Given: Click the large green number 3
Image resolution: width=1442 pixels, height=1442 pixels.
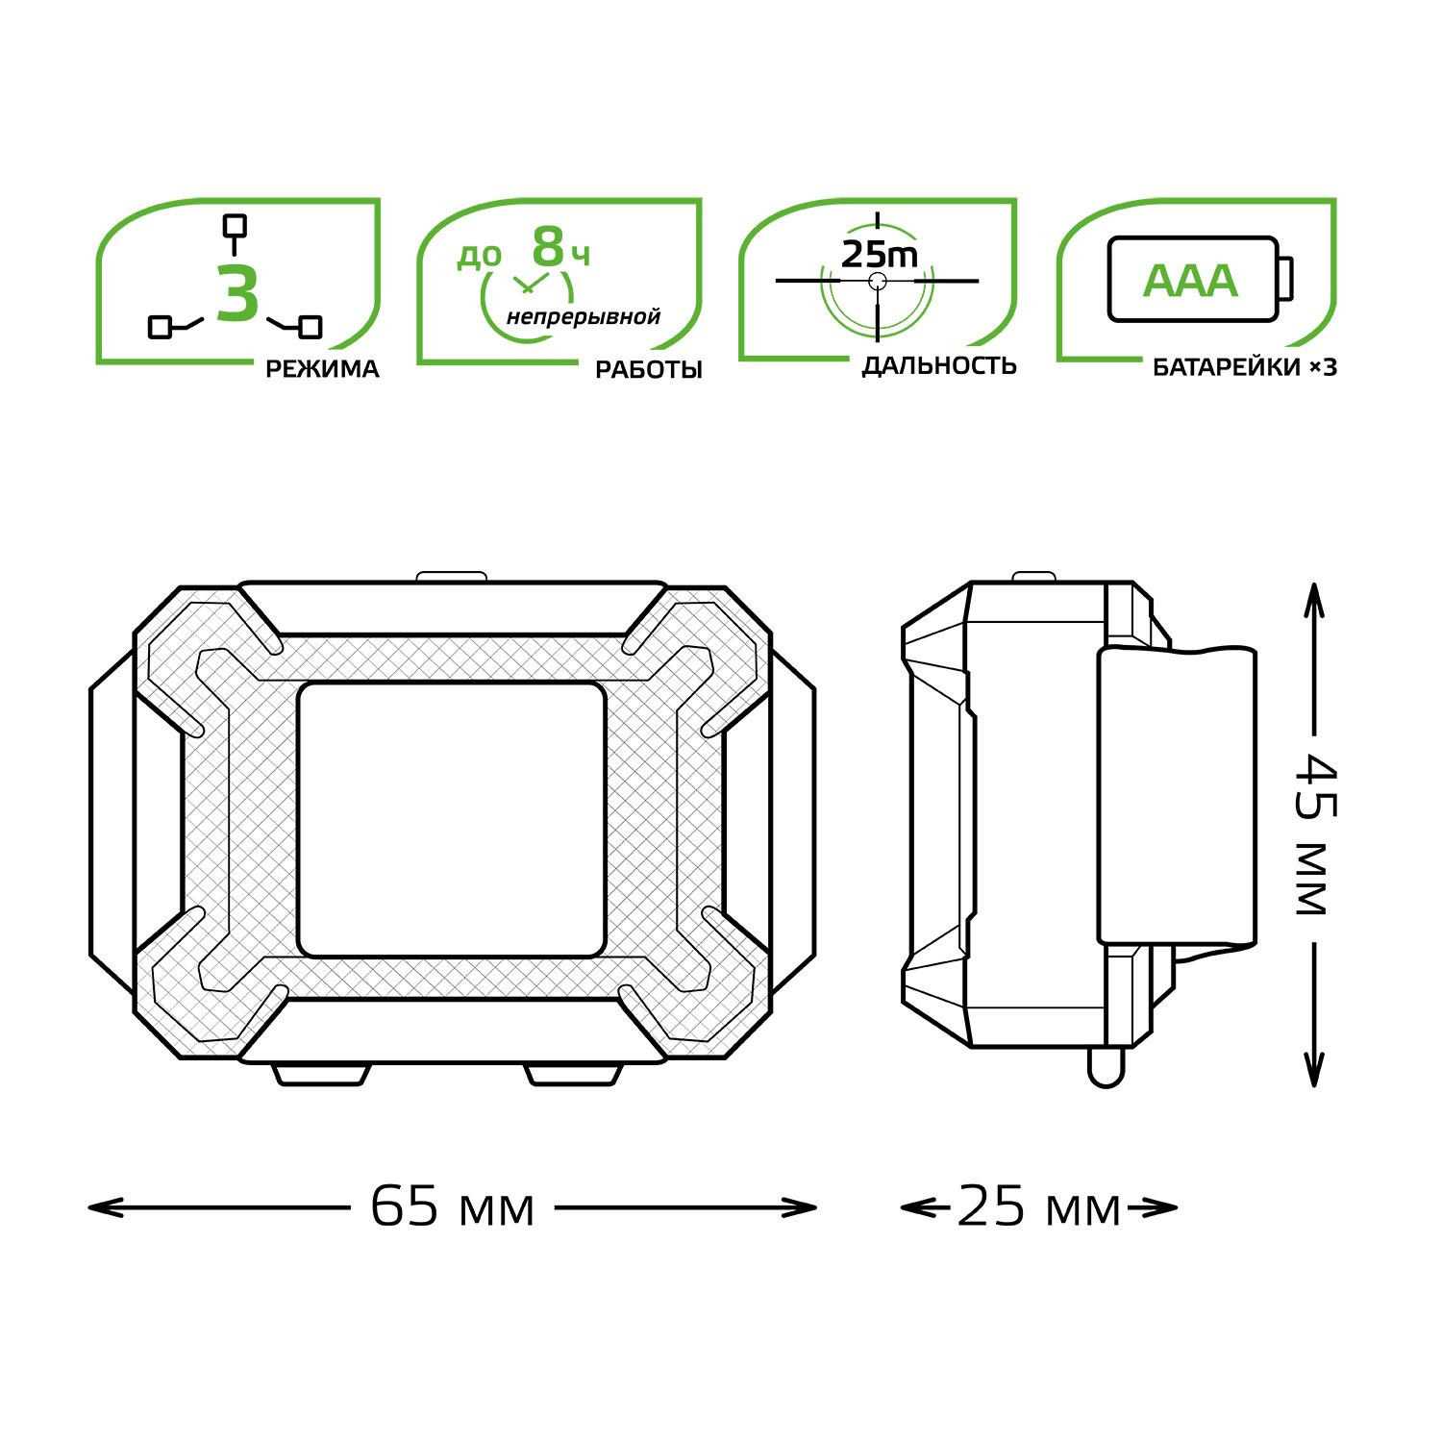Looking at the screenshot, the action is pos(237,295).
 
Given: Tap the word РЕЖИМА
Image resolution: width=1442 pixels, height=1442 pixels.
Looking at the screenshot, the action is pos(322,369).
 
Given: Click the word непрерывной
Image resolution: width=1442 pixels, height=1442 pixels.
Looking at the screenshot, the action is pos(584,316).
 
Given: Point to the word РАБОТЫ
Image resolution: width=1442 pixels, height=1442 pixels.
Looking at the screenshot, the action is pos(649,370).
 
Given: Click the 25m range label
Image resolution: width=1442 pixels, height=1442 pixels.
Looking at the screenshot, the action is pos(880,255).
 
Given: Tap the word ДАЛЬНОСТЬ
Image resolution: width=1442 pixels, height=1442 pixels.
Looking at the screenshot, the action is pos(939,366).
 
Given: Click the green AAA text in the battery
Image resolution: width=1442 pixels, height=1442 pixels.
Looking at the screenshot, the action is pos(1190,281).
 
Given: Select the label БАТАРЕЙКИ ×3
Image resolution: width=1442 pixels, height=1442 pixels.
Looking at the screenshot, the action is pos(1245,367).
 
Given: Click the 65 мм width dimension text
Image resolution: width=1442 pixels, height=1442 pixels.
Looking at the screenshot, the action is pos(452,1207).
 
